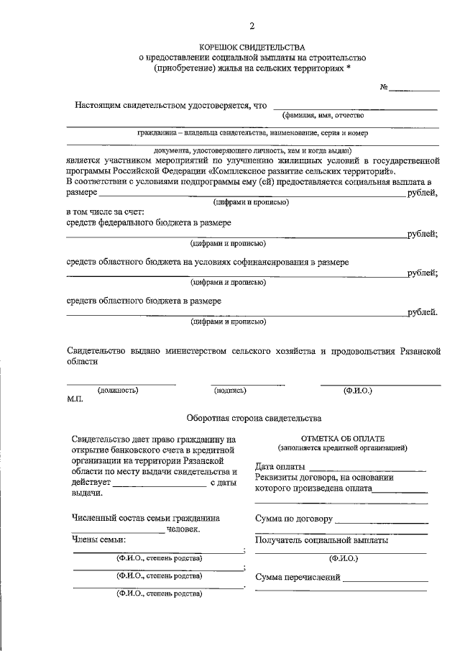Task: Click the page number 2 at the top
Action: pyautogui.click(x=252, y=27)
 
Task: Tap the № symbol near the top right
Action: pyautogui.click(x=384, y=88)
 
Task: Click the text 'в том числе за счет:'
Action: pyautogui.click(x=105, y=212)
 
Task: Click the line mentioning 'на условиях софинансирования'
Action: pyautogui.click(x=208, y=262)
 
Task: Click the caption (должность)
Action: pyautogui.click(x=119, y=390)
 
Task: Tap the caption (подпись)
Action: pyautogui.click(x=230, y=390)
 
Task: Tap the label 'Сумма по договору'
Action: pyautogui.click(x=293, y=519)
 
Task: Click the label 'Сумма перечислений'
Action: pyautogui.click(x=298, y=577)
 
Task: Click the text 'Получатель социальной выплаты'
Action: pyautogui.click(x=322, y=539)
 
